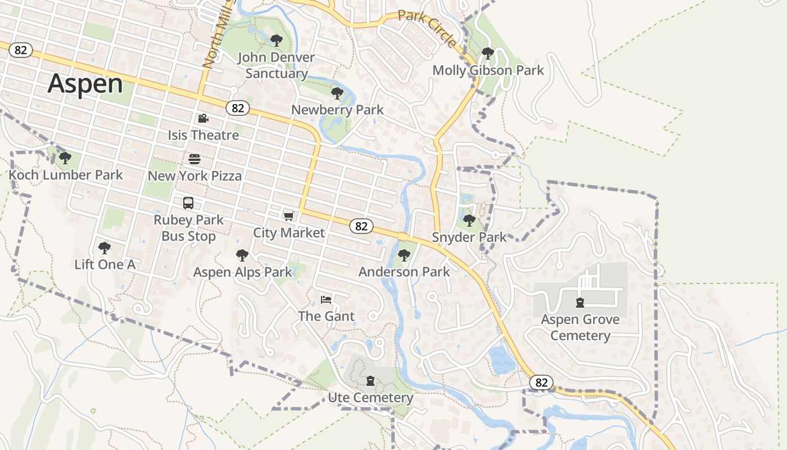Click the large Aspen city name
pos(85,84)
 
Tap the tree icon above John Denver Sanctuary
pos(276,40)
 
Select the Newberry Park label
pos(337,110)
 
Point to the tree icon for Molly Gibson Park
pos(488,53)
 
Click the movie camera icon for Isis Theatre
pos(203,118)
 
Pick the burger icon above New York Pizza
pos(195,159)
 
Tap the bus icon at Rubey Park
pos(188,202)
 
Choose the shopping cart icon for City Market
pos(289,216)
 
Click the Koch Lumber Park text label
pos(66,175)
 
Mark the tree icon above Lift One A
pos(104,247)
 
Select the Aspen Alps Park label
pos(243,272)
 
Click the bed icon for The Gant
pos(326,299)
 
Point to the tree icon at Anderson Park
pos(404,255)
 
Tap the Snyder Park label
pos(469,237)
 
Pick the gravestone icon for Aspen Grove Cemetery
pos(580,303)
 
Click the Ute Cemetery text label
pos(370,398)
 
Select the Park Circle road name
pos(428,29)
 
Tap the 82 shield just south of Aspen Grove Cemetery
pos(541,382)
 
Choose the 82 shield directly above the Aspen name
pos(21,50)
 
